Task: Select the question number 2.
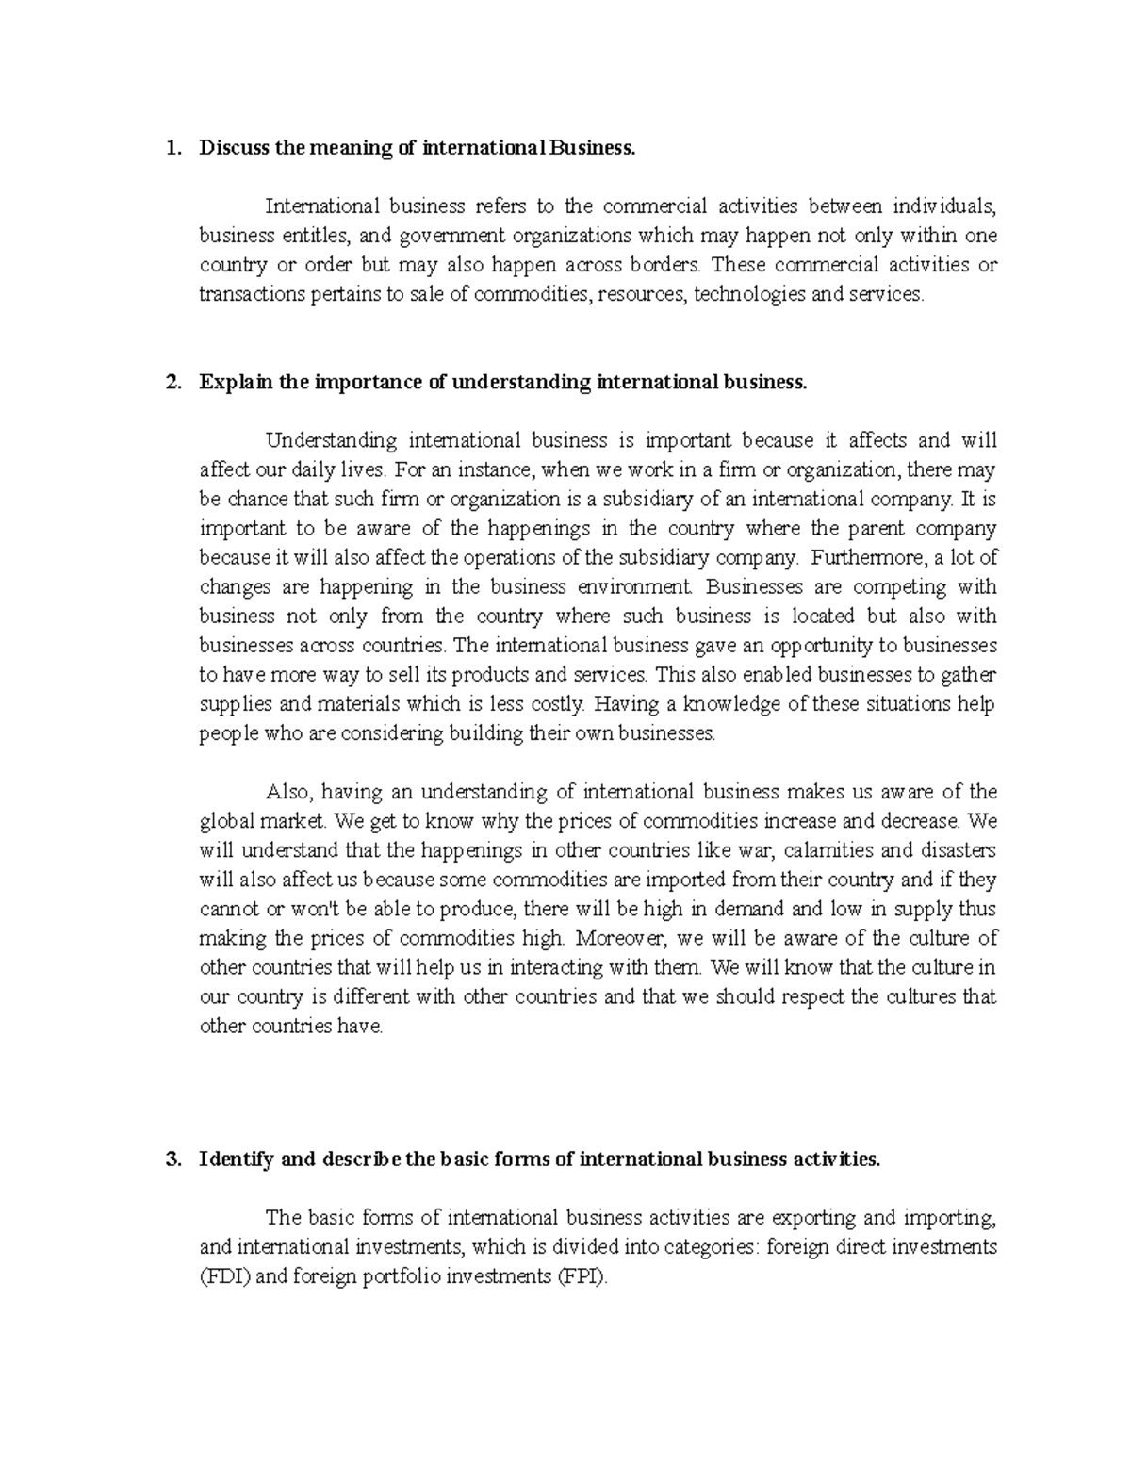point(171,382)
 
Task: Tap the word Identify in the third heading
point(236,1160)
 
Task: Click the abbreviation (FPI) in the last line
point(577,1278)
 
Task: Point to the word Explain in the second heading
point(232,382)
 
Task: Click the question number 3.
point(171,1160)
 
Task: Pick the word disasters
point(959,850)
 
